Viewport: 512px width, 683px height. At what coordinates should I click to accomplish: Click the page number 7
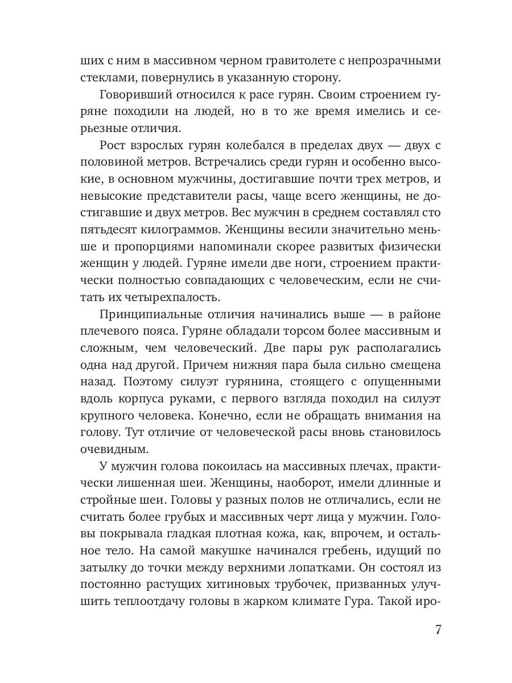tap(437, 630)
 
